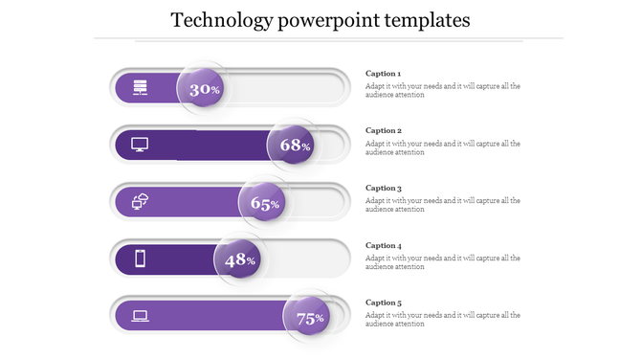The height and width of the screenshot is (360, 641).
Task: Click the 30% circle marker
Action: click(x=204, y=89)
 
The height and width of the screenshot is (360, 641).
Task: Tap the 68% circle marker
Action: click(x=293, y=146)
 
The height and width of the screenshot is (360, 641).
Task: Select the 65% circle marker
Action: click(x=264, y=203)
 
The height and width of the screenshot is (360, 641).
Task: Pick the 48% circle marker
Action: click(x=239, y=259)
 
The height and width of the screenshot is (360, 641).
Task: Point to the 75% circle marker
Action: click(x=309, y=318)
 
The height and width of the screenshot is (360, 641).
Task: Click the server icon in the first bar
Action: click(x=140, y=88)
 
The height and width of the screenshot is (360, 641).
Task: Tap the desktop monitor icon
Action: click(x=140, y=145)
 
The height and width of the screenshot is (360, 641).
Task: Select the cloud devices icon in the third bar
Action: click(x=140, y=201)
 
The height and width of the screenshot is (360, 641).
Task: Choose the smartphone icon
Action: click(x=140, y=259)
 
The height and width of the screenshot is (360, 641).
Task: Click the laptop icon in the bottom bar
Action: click(x=140, y=315)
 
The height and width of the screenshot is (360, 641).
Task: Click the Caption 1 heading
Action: click(x=384, y=74)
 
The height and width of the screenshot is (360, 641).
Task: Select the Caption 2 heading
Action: click(x=384, y=131)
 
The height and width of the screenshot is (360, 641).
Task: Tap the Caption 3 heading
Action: click(x=384, y=189)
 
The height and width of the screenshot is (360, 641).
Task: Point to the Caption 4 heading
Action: click(x=384, y=245)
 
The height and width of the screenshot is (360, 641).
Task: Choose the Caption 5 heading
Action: click(x=384, y=303)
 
